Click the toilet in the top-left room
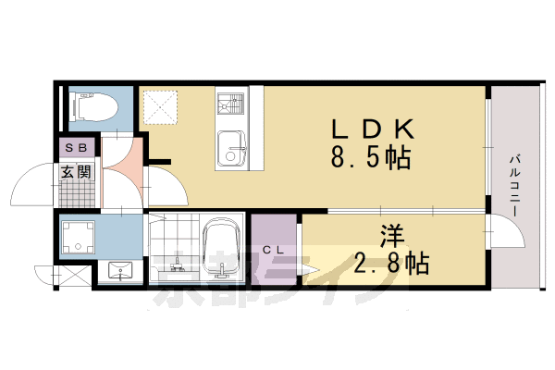click(x=91, y=108)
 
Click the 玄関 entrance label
click(x=77, y=171)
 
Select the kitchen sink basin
click(x=231, y=149)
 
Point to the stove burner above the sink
click(x=229, y=100)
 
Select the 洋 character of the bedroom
click(x=389, y=236)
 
